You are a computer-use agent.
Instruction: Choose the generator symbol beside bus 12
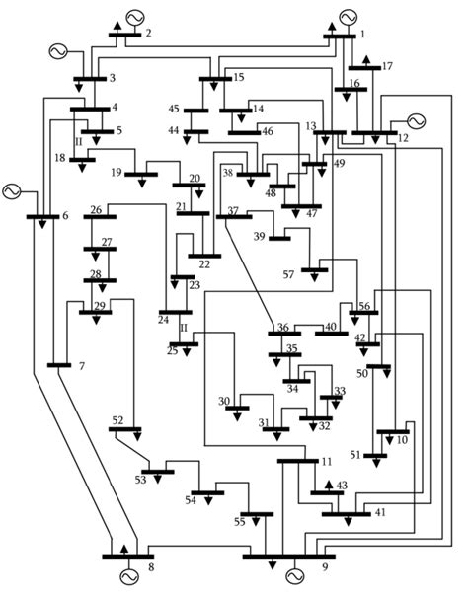pos(415,120)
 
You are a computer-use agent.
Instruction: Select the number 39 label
pos(260,236)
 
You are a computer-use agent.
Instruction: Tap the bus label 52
pos(117,421)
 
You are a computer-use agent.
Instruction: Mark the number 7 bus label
pos(81,367)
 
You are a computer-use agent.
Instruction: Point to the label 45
pos(174,110)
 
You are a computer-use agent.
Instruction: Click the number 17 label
pos(386,66)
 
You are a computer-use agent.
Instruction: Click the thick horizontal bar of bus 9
pos(288,557)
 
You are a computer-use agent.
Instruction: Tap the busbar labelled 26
pos(100,217)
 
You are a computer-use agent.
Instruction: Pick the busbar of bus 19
pos(140,175)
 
